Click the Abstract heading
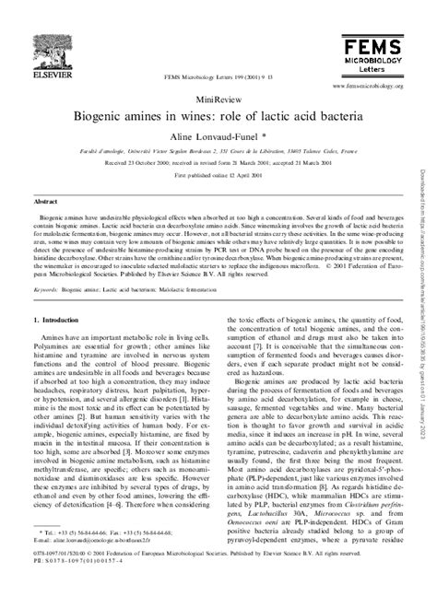(45, 200)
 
